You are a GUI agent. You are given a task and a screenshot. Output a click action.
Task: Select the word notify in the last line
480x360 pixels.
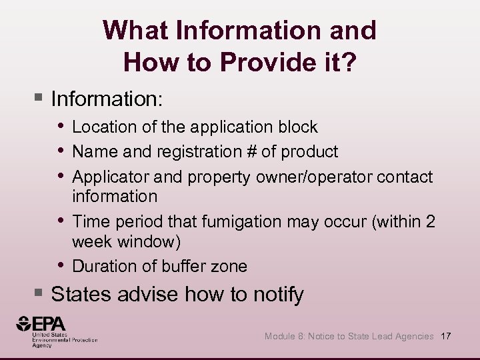280,294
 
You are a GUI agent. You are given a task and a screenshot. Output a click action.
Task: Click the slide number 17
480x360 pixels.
445,336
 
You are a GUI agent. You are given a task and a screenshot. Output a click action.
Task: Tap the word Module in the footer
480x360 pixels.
280,337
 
